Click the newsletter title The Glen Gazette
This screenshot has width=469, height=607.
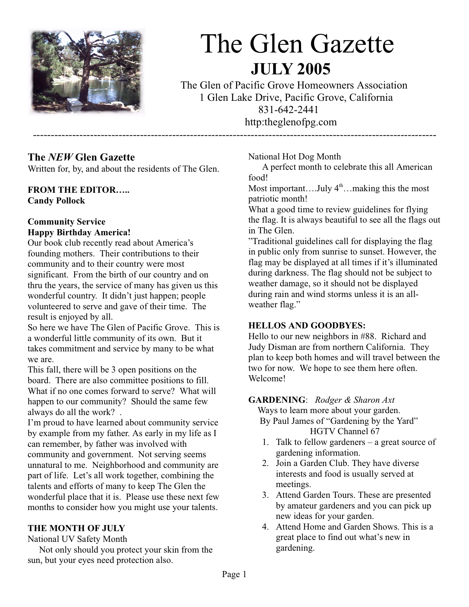coord(297,44)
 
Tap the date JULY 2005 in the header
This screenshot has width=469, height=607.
coord(290,69)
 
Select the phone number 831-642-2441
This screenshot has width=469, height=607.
coord(289,110)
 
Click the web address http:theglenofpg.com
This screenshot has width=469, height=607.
coord(290,122)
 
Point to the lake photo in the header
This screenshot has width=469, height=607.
coord(87,71)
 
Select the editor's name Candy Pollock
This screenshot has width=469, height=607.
coord(56,201)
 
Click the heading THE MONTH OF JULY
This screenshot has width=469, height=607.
coord(76,528)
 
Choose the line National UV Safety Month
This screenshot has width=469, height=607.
coord(77,539)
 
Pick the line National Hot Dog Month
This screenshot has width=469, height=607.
coord(294,157)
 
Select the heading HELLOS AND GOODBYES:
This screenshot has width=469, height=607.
coord(307,326)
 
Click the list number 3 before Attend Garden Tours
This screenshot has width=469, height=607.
coord(265,495)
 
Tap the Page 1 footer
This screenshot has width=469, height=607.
coord(234,574)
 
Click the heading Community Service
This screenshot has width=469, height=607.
coord(66,222)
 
